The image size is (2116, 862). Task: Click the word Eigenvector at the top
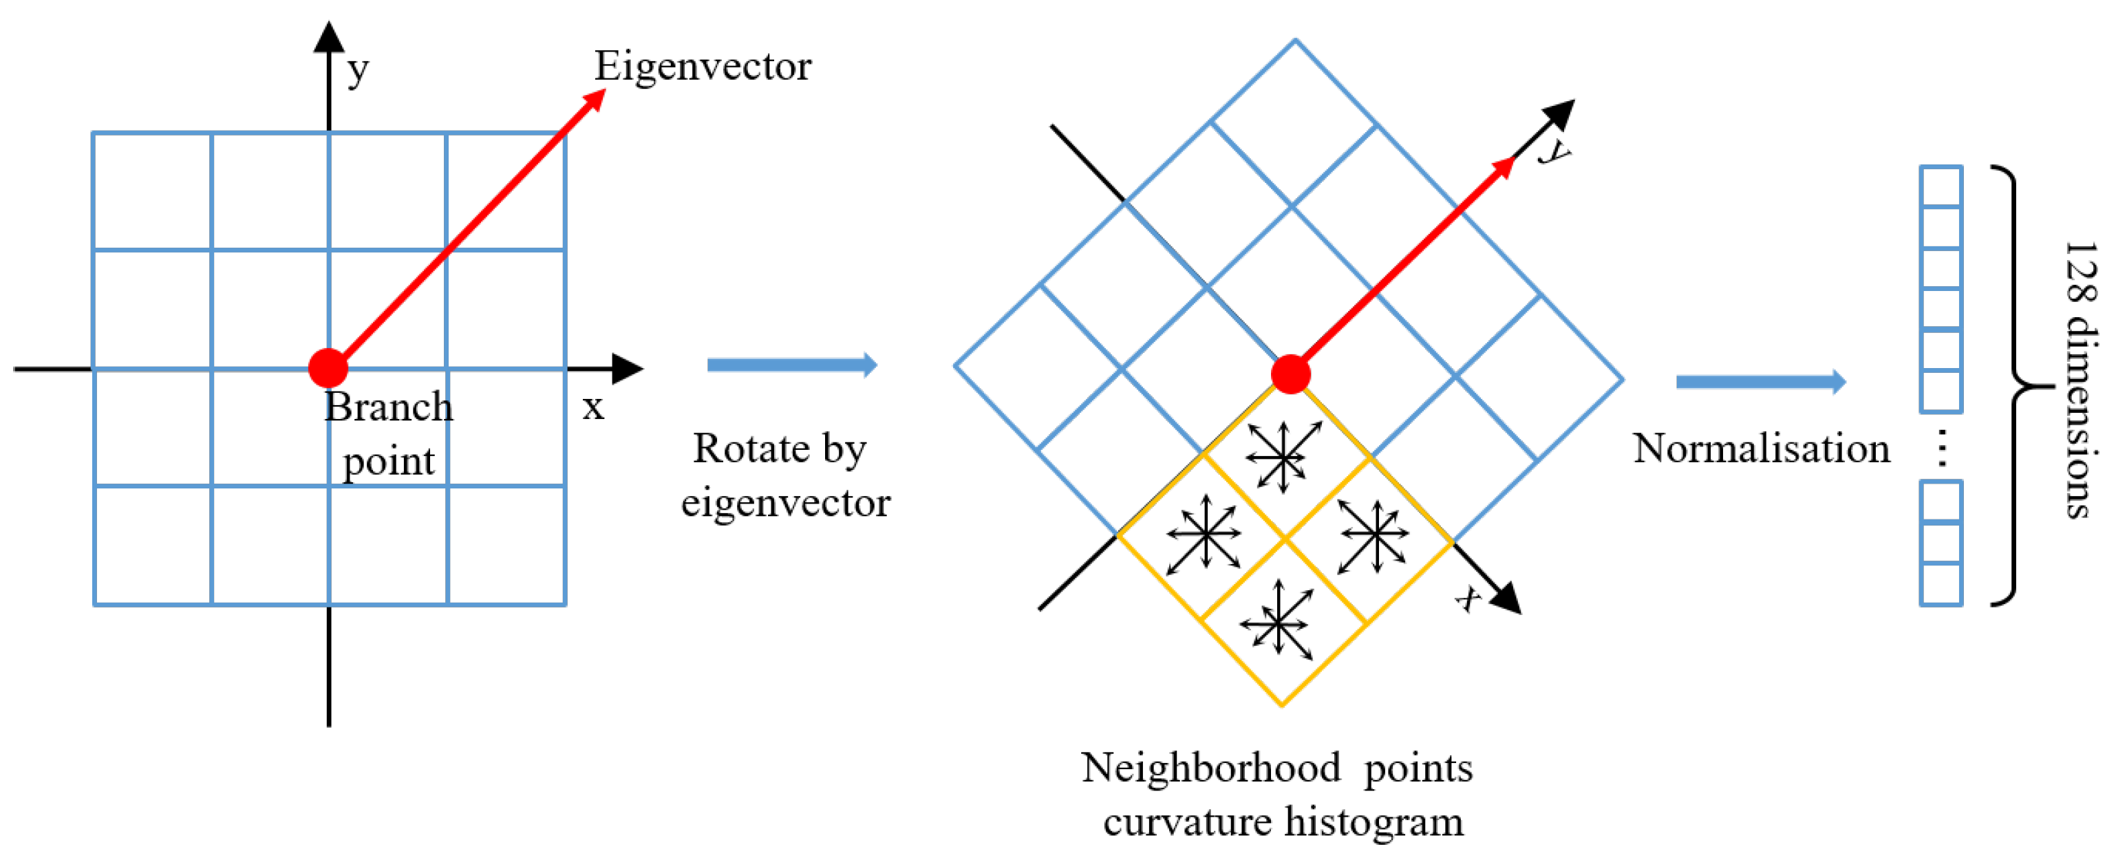point(703,65)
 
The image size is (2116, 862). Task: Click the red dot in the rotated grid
point(1290,374)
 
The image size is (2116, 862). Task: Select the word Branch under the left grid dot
point(389,407)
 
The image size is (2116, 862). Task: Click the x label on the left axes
point(592,407)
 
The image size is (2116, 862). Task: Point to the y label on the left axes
point(357,72)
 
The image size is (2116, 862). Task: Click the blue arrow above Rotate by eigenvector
point(792,365)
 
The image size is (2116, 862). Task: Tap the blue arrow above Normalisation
point(1760,381)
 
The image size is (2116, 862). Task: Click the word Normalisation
point(1761,449)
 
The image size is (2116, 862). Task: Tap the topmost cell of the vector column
point(1941,187)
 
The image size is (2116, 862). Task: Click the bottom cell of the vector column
point(1941,585)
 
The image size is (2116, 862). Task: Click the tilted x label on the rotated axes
point(1468,598)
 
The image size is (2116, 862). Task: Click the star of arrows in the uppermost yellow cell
point(1282,456)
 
